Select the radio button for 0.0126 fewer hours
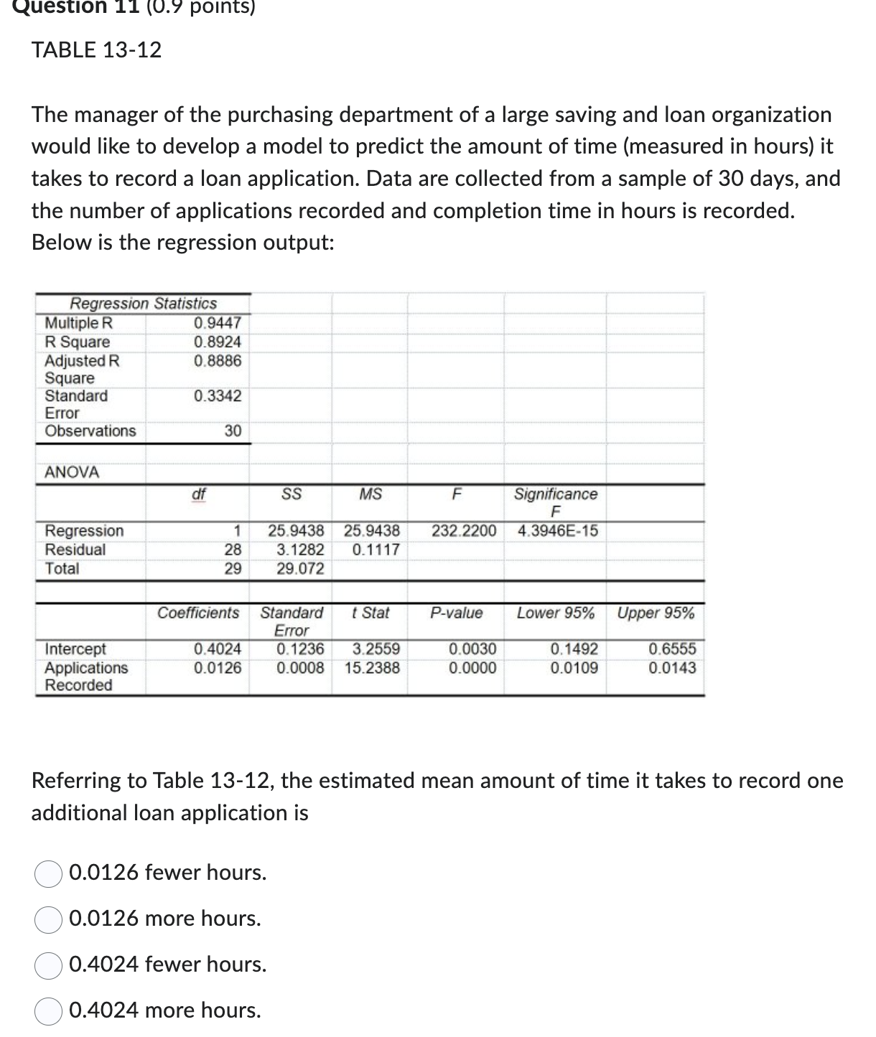coord(49,873)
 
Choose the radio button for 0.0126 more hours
coord(49,919)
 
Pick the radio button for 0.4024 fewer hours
coord(49,965)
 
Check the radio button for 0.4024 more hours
coord(49,1011)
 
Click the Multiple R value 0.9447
coord(218,323)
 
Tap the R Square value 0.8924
coord(218,342)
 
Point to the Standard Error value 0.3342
coord(218,396)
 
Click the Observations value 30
coord(233,431)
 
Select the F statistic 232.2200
coord(464,531)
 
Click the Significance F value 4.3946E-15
coord(557,531)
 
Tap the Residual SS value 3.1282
coord(300,550)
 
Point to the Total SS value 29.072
coord(300,569)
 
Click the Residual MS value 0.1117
coord(376,550)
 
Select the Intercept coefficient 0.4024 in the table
coord(218,649)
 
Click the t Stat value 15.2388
coord(372,668)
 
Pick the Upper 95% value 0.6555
coord(672,649)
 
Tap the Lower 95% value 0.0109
coord(574,668)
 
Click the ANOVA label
coord(72,472)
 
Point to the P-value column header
coord(457,614)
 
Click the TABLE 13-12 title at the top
coord(97,50)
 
